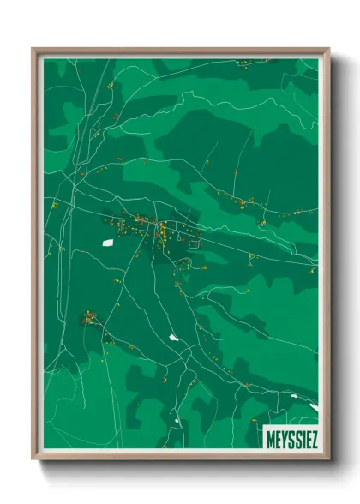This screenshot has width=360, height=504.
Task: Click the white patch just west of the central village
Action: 109,243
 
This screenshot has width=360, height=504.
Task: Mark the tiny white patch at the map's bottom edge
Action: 178,419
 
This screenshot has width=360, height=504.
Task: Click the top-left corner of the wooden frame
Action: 33,49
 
